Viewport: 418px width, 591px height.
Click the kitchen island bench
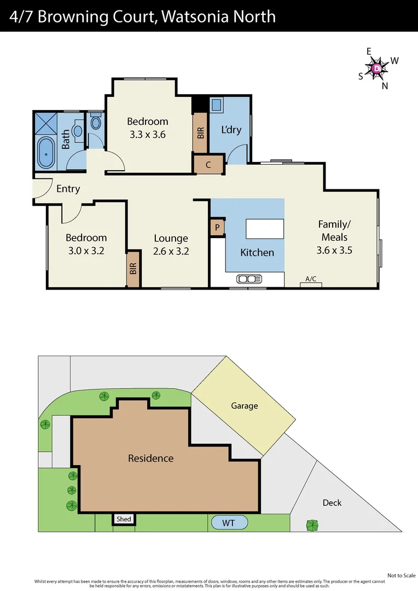coord(265,229)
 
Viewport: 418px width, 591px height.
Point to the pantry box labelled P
coord(217,228)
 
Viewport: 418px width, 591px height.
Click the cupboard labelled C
coord(208,165)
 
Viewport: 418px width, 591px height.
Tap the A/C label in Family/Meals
coord(311,279)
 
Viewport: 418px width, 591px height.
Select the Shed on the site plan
coord(124,519)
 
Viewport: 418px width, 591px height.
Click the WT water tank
coord(228,523)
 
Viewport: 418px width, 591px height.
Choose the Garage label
coord(244,405)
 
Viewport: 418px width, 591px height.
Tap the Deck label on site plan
coord(332,502)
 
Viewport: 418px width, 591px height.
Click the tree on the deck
coord(312,525)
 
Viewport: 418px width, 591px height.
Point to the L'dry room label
coord(231,130)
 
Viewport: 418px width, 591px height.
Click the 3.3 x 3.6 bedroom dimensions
coord(148,135)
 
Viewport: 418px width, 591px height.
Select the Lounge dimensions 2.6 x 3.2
coord(171,252)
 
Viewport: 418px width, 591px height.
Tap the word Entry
coord(68,189)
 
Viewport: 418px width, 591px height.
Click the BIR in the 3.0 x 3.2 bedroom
coord(133,269)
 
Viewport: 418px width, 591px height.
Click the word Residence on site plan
coord(150,458)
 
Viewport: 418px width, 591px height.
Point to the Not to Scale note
coord(402,575)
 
